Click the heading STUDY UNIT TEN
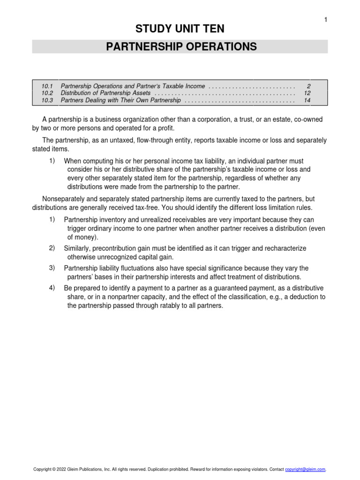[x=180, y=29]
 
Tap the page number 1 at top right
[x=325, y=19]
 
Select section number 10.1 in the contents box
[x=47, y=86]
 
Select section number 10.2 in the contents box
[x=47, y=93]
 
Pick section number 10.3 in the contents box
[x=47, y=100]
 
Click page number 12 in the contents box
[x=307, y=93]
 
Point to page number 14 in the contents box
[x=307, y=100]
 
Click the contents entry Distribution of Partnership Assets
[x=106, y=93]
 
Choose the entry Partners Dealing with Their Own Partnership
[x=120, y=100]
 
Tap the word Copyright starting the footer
[x=42, y=469]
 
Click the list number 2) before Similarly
[x=52, y=248]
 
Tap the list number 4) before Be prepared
[x=52, y=288]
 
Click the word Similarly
[x=78, y=248]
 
